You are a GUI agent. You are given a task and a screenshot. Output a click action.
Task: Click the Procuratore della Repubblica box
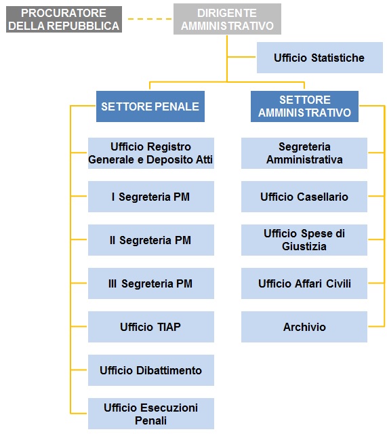[x=64, y=20]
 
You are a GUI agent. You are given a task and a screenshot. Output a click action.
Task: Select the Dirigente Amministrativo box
[x=227, y=19]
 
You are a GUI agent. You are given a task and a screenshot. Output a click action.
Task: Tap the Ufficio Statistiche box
[x=319, y=58]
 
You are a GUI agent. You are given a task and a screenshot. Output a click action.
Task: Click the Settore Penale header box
[x=150, y=106]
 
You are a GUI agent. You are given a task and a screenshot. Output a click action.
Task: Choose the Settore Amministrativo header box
[x=304, y=106]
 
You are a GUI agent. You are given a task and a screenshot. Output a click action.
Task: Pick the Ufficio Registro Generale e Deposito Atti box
[x=150, y=153]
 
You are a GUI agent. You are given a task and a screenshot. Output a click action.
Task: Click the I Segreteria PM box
[x=150, y=197]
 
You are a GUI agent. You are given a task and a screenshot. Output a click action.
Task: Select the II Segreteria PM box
[x=150, y=240]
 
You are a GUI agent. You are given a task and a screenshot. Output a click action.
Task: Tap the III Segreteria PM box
[x=150, y=283]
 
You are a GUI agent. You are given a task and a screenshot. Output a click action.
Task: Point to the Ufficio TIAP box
[x=150, y=327]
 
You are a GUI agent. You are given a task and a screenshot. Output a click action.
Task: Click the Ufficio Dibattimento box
[x=150, y=370]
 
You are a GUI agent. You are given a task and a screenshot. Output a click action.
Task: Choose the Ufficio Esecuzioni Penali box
[x=150, y=414]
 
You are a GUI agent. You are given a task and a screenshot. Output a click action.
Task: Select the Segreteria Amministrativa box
[x=304, y=153]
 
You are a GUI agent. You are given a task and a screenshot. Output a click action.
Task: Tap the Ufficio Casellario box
[x=304, y=197]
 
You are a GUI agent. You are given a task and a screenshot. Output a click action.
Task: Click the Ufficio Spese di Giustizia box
[x=304, y=240]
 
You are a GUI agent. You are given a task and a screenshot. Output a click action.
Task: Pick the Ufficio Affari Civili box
[x=304, y=283]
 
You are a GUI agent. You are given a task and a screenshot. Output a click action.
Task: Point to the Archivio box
[x=304, y=327]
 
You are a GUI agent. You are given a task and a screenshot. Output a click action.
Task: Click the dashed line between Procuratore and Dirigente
[x=150, y=19]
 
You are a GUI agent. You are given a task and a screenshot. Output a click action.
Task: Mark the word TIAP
[x=169, y=327]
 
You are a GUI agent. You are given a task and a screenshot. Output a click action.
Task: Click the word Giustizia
[x=304, y=246]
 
